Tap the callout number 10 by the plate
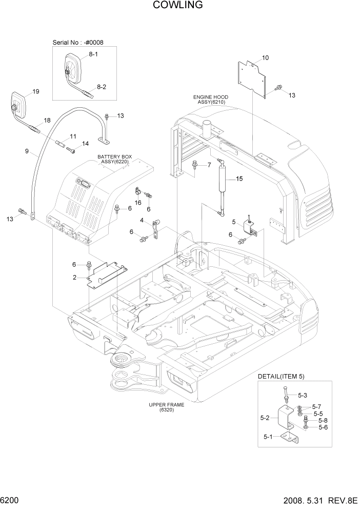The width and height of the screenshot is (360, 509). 265,57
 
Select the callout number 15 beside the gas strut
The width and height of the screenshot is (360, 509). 238,179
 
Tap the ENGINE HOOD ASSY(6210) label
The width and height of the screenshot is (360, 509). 211,100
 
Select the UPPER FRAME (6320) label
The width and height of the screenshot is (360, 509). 167,407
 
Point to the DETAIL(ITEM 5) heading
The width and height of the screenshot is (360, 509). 282,376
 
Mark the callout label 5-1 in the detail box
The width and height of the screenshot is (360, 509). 269,437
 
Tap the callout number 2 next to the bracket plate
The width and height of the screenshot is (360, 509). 75,277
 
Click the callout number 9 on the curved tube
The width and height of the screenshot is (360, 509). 26,151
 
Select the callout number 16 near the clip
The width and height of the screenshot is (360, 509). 138,203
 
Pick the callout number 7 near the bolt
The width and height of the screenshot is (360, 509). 209,165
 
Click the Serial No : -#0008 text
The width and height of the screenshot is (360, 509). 82,42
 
